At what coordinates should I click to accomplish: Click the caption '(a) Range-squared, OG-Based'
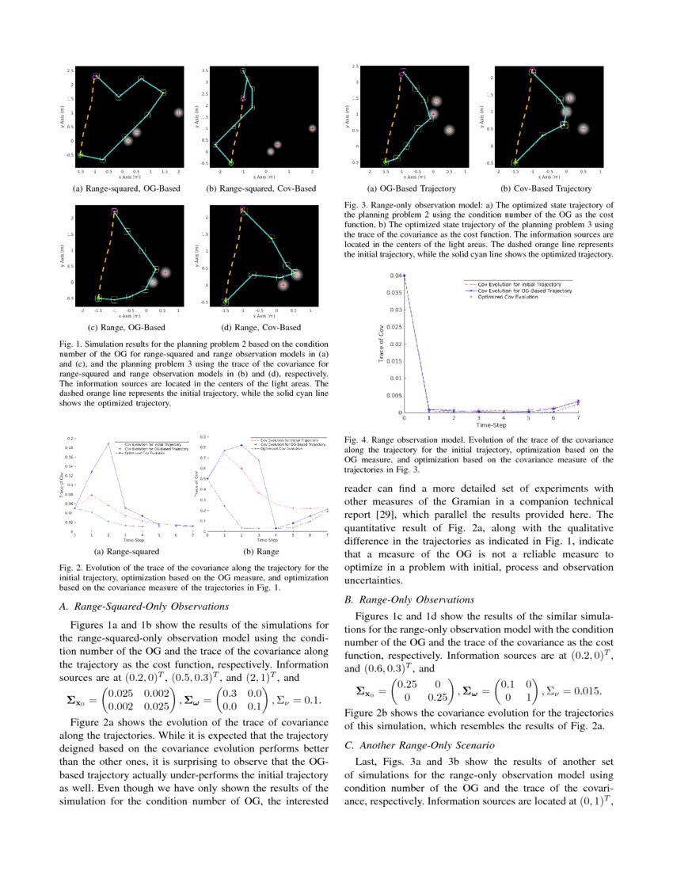tap(126, 188)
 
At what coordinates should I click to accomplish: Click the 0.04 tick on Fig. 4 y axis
tap(394, 276)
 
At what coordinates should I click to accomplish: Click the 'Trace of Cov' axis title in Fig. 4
tap(381, 344)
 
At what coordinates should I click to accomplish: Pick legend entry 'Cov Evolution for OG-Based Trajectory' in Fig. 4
tap(527, 291)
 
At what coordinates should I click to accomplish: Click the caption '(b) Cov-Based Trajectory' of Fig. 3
tap(546, 188)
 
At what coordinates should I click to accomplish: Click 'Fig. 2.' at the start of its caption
tap(72, 568)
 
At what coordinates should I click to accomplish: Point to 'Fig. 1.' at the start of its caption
tap(72, 345)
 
